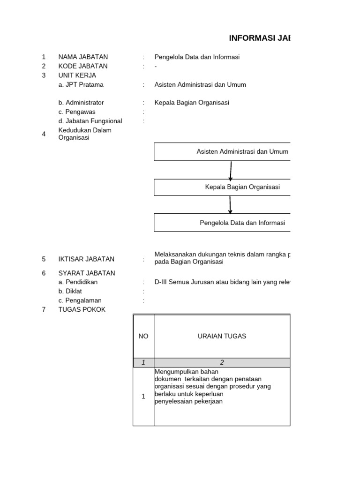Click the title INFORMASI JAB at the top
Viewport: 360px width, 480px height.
(x=259, y=38)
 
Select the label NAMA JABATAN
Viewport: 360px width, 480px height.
(x=82, y=57)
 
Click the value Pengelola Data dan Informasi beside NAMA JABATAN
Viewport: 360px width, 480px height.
(x=197, y=57)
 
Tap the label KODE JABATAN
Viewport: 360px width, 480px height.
(x=82, y=66)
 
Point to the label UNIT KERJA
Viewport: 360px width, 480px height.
(x=77, y=75)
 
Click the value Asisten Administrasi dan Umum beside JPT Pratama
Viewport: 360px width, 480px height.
(x=200, y=84)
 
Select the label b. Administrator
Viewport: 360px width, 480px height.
(x=81, y=103)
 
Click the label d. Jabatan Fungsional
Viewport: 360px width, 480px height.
(x=90, y=121)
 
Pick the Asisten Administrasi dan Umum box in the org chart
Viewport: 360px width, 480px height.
(x=222, y=152)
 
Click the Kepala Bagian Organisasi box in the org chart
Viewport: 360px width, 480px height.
(x=222, y=187)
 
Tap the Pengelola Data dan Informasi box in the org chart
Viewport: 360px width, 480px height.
(x=222, y=223)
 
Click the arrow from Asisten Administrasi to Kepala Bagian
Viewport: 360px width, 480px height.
(x=231, y=171)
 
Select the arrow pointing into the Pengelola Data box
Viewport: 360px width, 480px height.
(x=230, y=205)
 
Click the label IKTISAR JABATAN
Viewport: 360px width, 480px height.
(x=86, y=259)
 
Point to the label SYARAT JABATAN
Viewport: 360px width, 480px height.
(x=86, y=273)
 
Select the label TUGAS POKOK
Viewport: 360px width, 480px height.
(x=82, y=309)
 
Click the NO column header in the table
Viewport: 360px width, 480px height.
(x=143, y=336)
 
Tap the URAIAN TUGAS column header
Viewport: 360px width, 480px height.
(x=222, y=336)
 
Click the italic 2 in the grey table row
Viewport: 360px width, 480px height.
(x=222, y=362)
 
